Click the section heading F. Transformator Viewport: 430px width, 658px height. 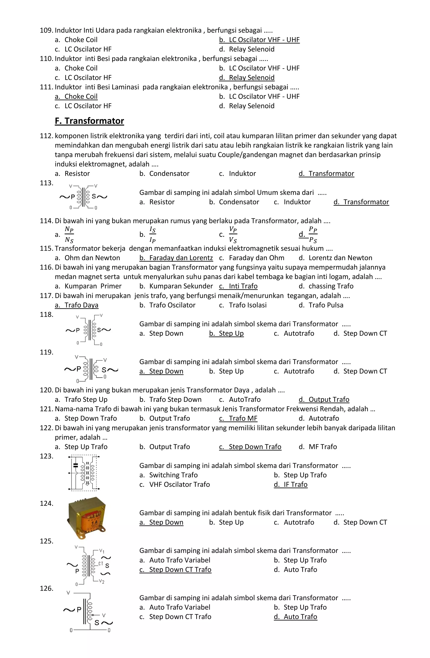point(89,121)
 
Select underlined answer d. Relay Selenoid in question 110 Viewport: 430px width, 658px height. point(247,78)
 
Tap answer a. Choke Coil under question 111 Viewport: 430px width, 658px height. point(76,96)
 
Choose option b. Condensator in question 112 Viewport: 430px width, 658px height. point(164,174)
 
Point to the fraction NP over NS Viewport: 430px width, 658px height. point(69,234)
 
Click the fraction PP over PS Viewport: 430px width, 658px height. point(313,234)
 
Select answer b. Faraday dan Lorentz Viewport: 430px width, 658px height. point(176,258)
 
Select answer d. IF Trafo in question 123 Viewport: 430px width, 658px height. point(291,485)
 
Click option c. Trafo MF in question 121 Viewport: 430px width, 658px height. point(238,419)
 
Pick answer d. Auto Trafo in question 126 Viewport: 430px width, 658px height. point(295,617)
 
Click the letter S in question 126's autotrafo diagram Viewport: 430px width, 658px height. point(97,623)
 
